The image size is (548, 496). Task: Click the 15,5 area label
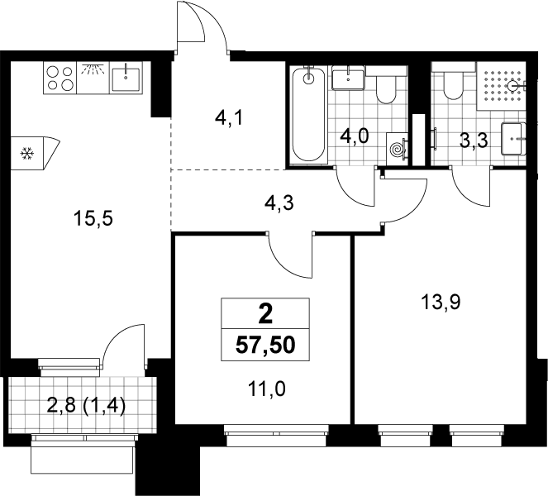tap(93, 219)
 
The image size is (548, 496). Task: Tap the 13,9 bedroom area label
tap(441, 302)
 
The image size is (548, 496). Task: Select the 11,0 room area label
tap(267, 389)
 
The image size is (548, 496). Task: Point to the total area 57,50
tap(265, 346)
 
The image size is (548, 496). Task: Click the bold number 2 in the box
tap(265, 314)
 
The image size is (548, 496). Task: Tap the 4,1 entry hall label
tap(229, 119)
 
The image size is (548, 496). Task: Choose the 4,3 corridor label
tap(279, 203)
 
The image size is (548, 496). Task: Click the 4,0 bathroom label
tap(355, 136)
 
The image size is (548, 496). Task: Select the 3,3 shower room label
tap(474, 142)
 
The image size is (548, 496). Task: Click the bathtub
tap(308, 113)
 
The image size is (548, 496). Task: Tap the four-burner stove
tap(60, 78)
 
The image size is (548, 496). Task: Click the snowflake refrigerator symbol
tap(27, 154)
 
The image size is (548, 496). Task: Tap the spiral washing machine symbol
tap(398, 149)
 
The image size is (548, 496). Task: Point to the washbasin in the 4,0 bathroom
tap(349, 77)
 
